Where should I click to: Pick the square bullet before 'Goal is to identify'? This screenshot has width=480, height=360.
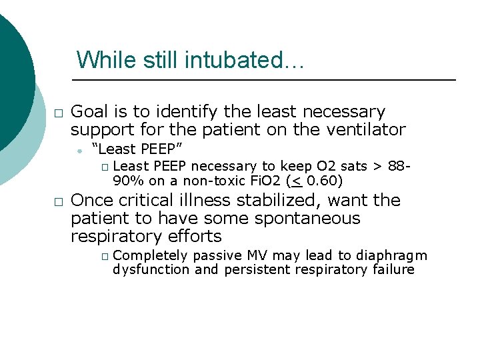(x=58, y=113)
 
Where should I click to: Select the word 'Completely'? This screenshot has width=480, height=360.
(x=150, y=256)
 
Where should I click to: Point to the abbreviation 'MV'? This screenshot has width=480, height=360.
(x=258, y=256)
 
